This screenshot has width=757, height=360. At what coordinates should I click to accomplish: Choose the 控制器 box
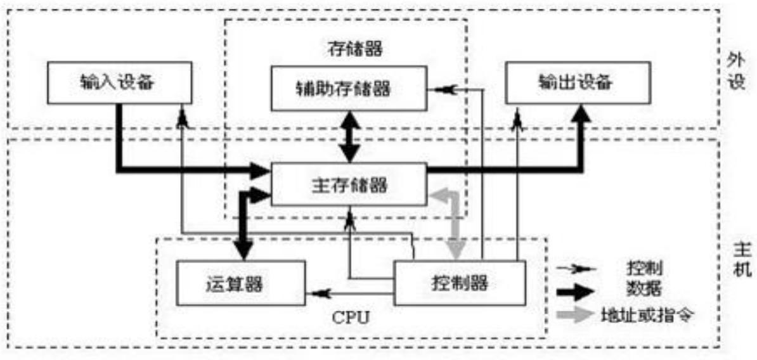click(x=460, y=283)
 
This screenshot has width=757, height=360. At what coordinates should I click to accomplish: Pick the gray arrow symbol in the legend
click(x=575, y=314)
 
